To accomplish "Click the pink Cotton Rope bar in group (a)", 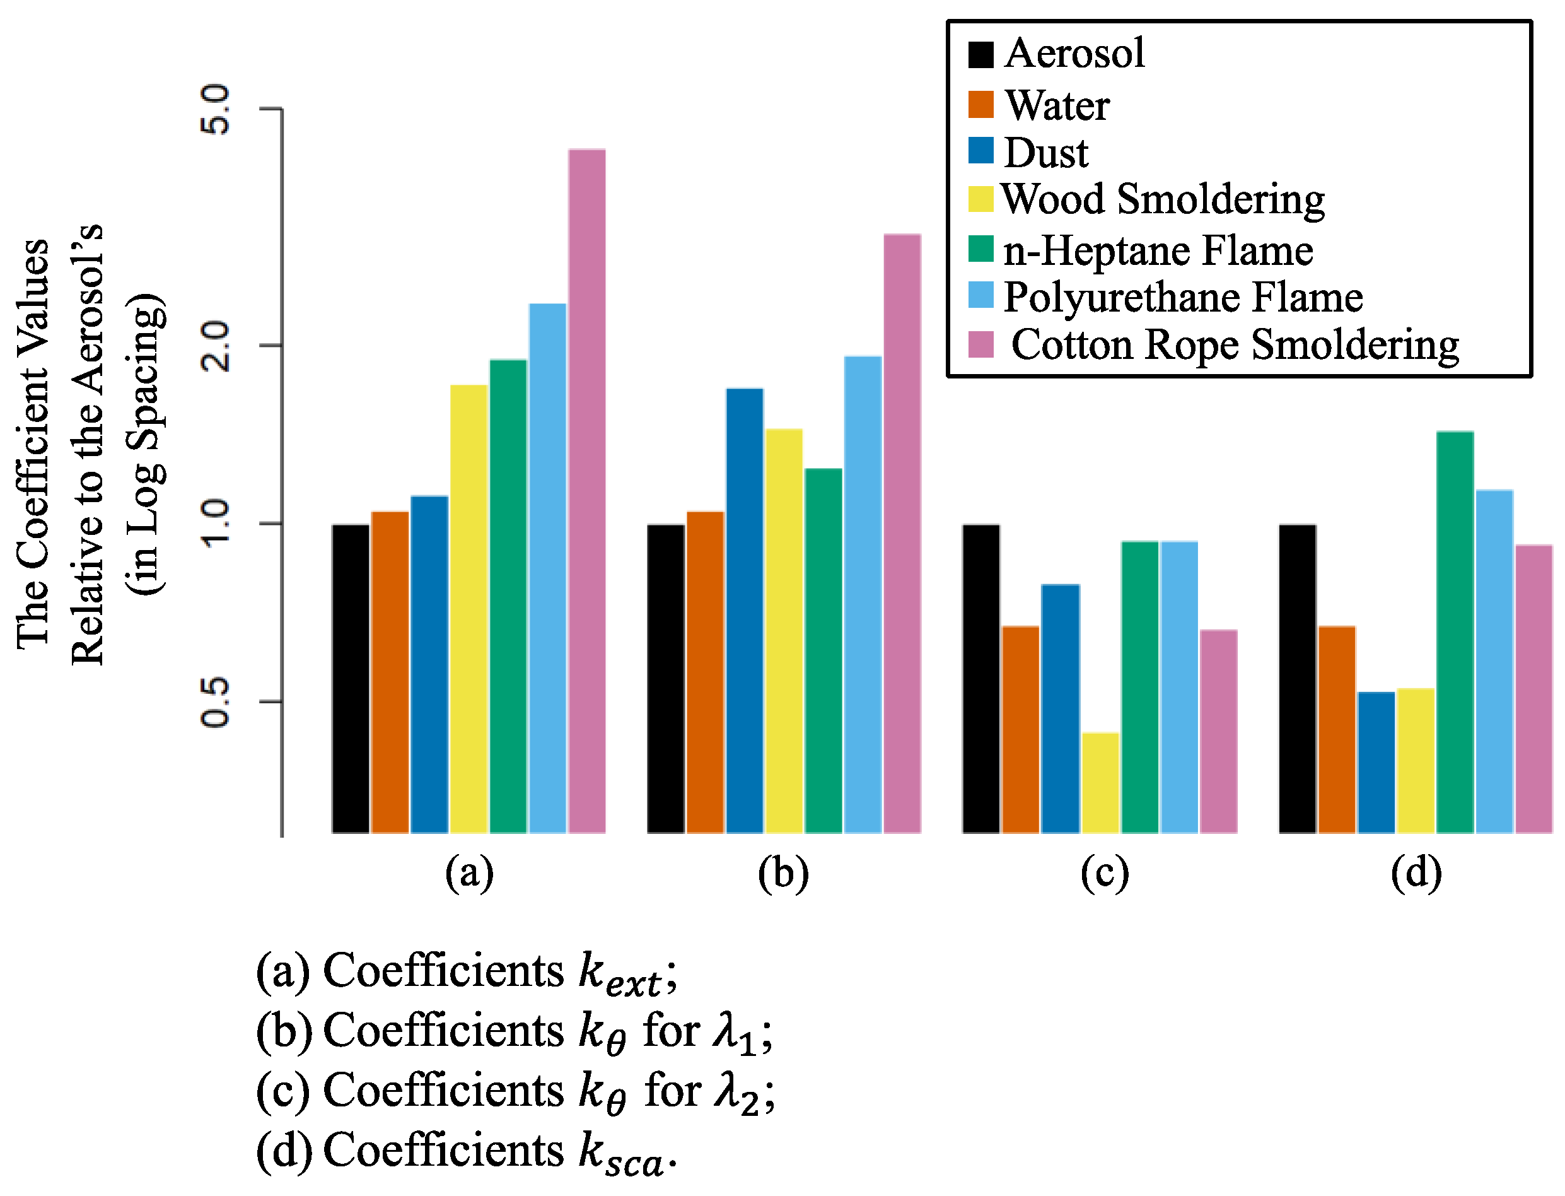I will tap(586, 491).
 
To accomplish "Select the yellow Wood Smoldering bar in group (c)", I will tap(1100, 782).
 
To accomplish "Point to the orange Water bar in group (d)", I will tap(1337, 729).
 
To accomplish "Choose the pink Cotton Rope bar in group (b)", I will tap(902, 533).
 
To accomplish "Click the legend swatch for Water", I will tap(980, 105).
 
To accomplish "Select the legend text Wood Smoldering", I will tap(1163, 199).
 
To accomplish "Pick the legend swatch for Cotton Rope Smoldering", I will tap(980, 344).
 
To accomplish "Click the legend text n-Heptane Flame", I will tap(1158, 250).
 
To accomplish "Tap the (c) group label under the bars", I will tap(1104, 874).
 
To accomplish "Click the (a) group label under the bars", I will tap(469, 874).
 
